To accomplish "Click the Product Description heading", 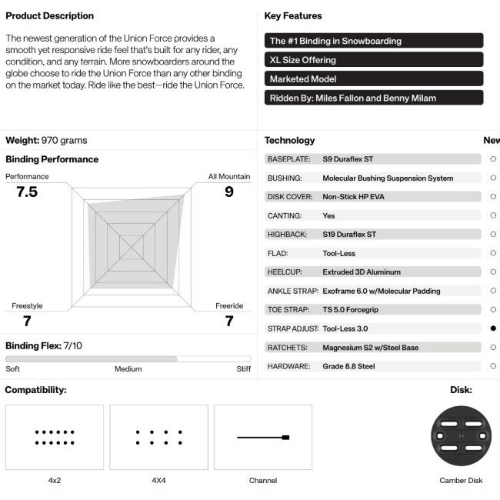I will [49, 15].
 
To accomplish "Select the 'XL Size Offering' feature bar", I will [374, 60].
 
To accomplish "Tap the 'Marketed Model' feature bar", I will [374, 79].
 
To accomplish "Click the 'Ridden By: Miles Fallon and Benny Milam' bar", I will [374, 98].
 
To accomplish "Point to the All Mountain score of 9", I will [228, 192].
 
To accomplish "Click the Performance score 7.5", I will [27, 192].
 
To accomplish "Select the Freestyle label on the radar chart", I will [27, 306].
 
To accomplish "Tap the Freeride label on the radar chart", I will [228, 306].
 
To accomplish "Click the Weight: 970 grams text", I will [46, 140].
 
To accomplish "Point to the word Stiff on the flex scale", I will [243, 369].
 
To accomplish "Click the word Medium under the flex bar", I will [128, 369].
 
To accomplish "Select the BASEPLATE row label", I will [288, 159].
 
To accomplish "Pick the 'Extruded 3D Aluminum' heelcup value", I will [362, 272].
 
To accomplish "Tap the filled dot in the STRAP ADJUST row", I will [493, 328].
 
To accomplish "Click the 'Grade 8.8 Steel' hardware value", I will [348, 366].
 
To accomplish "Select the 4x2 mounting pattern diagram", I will [55, 437].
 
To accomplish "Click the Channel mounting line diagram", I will [263, 437].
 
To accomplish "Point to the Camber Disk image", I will [461, 436].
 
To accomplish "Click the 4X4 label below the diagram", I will [158, 481].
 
